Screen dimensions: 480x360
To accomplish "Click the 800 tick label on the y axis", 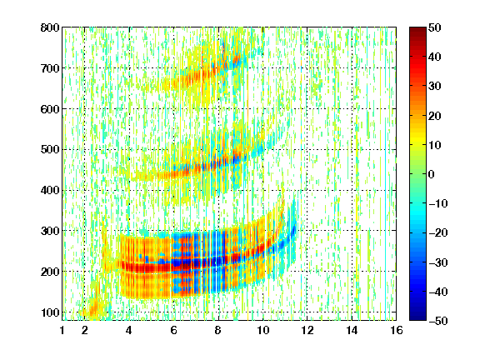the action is (x=50, y=27).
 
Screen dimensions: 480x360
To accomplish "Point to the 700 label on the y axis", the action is (x=50, y=68).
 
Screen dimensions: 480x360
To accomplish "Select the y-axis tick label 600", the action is (x=50, y=109).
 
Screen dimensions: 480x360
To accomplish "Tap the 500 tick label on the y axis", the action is (x=50, y=150).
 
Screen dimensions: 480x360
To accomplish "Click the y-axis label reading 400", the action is (x=50, y=190).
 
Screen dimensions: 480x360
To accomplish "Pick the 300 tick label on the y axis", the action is (x=50, y=231).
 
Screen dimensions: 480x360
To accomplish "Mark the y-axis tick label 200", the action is (x=50, y=272).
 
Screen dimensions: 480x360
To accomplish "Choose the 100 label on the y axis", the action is (x=50, y=312).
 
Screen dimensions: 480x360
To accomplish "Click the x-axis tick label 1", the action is (x=62, y=330).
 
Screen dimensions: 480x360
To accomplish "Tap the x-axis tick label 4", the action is (x=129, y=330).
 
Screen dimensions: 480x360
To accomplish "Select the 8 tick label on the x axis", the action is (x=217, y=330).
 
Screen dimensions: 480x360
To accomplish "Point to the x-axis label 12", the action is (x=307, y=330).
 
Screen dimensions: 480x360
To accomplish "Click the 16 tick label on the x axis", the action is (x=397, y=330).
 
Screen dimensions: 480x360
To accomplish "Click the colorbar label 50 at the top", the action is (x=435, y=27).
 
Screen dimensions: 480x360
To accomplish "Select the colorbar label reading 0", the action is (x=432, y=174).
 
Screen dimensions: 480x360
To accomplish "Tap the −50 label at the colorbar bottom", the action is (x=438, y=321).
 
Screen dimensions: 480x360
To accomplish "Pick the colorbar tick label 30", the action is (x=435, y=87).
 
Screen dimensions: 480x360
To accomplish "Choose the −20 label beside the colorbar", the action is (x=438, y=232).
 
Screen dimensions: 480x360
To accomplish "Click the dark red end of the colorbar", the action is (x=417, y=30).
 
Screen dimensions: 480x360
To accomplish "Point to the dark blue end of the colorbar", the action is (x=417, y=317).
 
